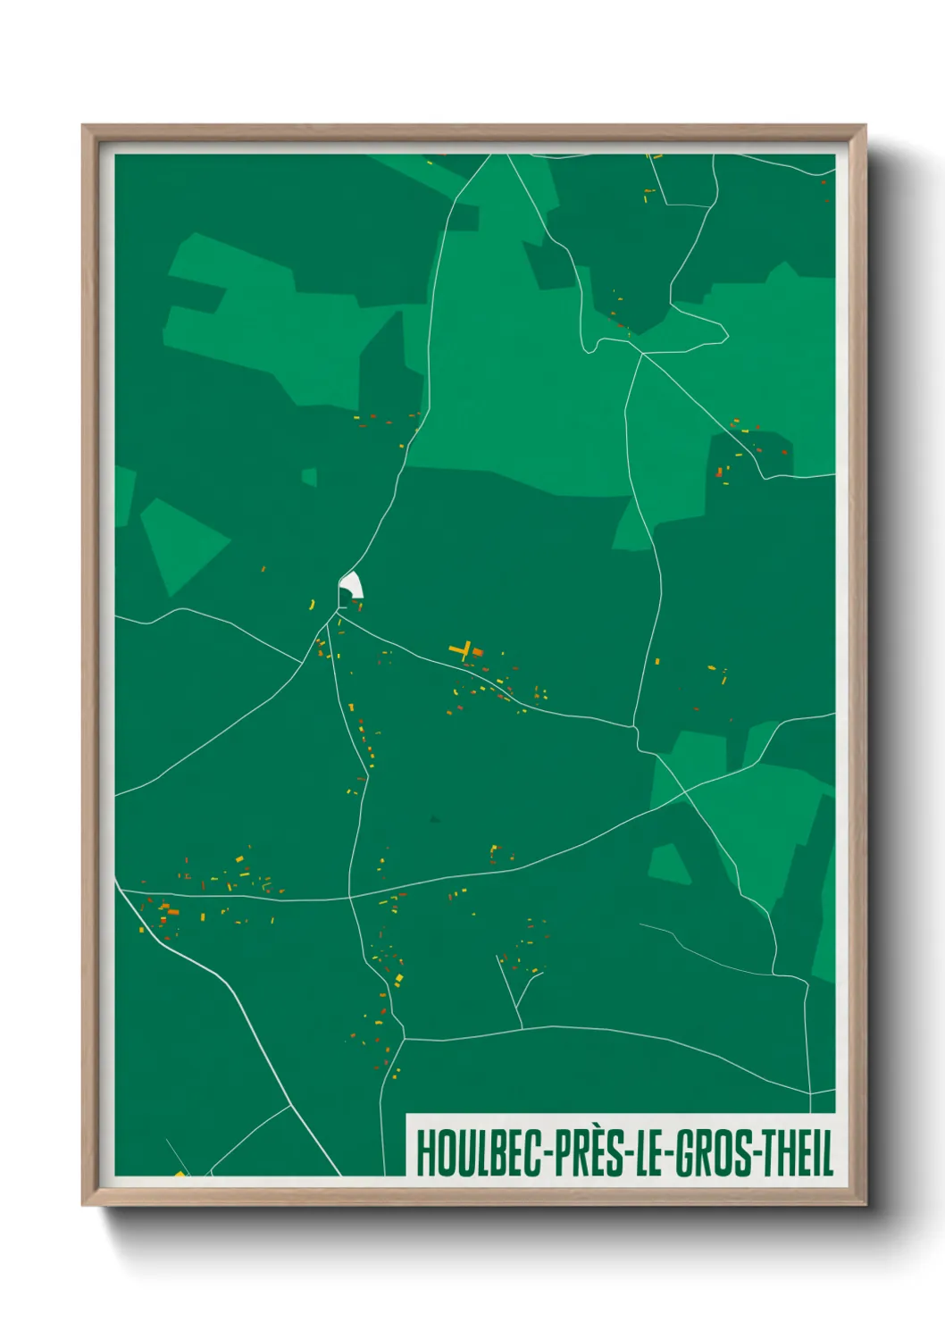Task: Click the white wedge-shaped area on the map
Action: [352, 585]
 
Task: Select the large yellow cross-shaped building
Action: [461, 649]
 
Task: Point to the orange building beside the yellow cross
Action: [477, 652]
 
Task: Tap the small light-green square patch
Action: [309, 477]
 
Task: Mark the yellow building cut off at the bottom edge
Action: [180, 1174]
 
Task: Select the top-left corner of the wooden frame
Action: [85, 128]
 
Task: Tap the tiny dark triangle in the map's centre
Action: [434, 817]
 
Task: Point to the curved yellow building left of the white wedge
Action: [312, 605]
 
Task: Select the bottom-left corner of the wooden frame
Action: [85, 1203]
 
